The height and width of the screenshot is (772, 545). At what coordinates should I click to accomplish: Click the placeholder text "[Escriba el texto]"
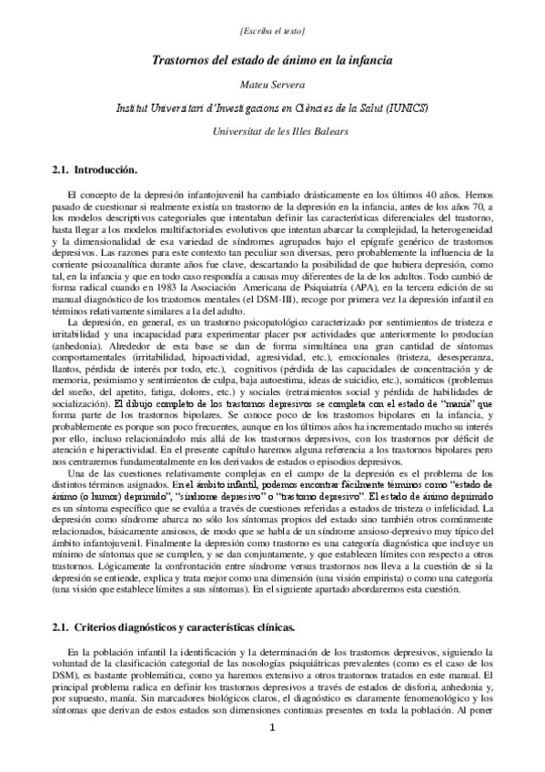272,32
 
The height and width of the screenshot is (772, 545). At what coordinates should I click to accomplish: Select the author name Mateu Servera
272,83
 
